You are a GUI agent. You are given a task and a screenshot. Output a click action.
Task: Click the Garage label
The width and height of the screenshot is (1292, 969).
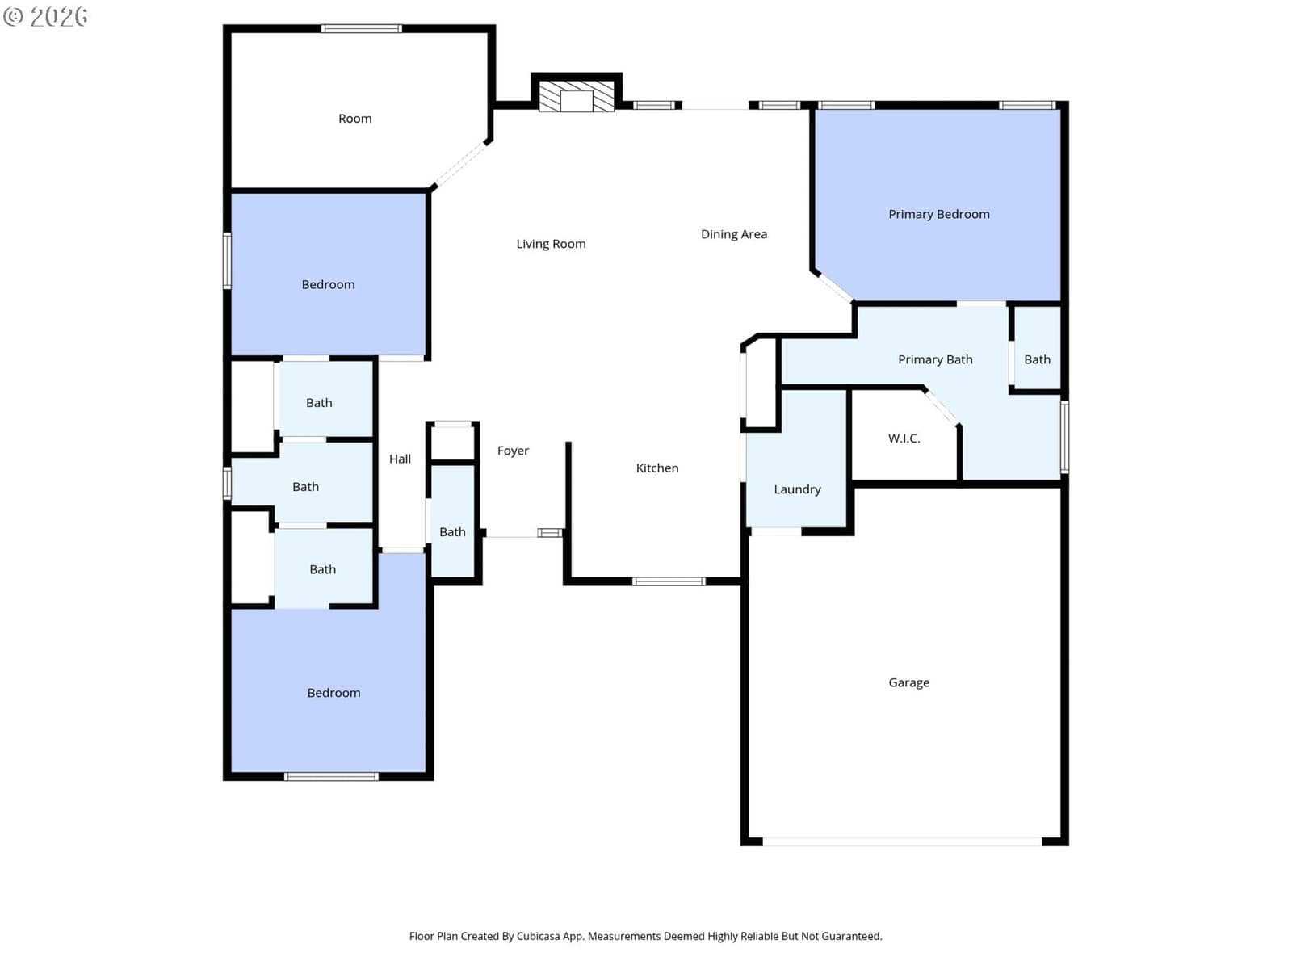[908, 682]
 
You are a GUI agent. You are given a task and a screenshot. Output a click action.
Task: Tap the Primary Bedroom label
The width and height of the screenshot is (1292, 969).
[938, 214]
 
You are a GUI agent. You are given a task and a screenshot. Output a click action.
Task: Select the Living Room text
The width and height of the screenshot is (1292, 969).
[551, 244]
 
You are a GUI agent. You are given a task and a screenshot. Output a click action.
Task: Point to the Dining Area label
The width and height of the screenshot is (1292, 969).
[733, 234]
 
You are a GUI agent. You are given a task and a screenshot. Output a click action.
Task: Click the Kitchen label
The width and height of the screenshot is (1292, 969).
[656, 468]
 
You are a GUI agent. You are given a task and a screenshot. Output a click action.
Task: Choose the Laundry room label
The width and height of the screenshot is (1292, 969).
[796, 489]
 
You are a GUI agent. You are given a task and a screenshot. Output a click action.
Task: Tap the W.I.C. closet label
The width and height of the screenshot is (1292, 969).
[904, 438]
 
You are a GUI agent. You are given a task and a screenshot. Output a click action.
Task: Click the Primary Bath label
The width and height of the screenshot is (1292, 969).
[935, 359]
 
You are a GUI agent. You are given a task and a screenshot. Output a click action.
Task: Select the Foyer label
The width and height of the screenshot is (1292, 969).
[513, 451]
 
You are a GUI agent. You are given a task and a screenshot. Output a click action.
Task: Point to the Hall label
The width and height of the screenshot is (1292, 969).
[400, 459]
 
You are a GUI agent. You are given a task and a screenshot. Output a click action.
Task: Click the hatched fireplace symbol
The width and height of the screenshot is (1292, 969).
[577, 96]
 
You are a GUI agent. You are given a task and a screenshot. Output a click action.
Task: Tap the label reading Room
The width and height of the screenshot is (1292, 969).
[354, 119]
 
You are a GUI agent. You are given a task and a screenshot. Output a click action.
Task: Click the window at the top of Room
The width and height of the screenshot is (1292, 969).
[361, 28]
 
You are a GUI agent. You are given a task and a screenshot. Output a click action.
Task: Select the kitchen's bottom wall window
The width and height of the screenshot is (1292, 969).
[668, 581]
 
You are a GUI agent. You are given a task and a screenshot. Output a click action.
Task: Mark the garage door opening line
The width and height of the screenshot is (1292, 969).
[901, 842]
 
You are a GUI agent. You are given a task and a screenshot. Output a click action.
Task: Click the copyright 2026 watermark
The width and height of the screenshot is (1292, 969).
[45, 16]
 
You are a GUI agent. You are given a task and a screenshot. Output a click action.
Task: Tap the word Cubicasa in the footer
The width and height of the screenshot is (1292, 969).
[538, 936]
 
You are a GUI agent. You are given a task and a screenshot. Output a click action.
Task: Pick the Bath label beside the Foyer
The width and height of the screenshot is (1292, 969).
[452, 532]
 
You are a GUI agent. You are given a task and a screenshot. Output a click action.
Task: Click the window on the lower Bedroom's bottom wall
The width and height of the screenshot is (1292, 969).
[331, 777]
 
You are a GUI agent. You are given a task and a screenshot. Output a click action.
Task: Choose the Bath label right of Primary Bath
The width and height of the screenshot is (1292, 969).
[1037, 359]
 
